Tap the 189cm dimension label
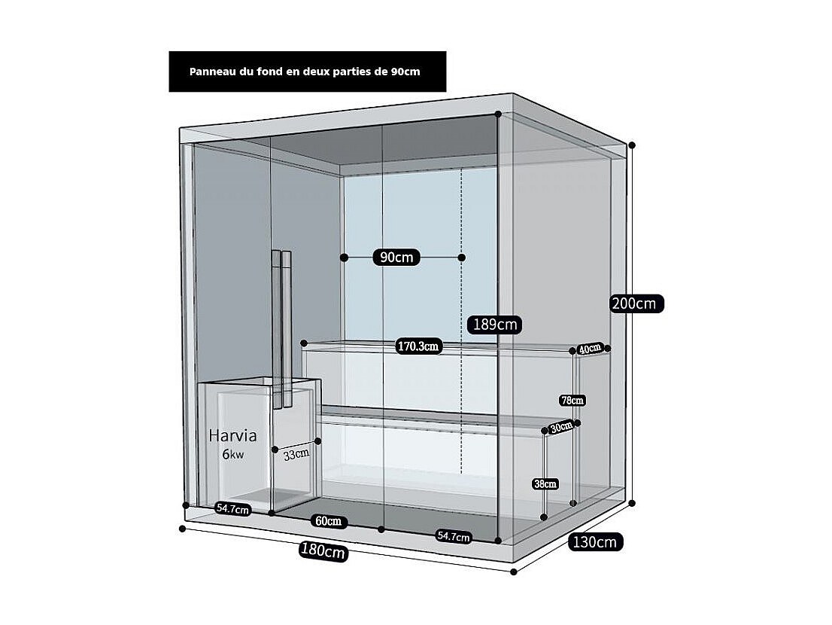tap(495, 325)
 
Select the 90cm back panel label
tap(396, 258)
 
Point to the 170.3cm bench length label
tap(418, 346)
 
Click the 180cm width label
tap(323, 550)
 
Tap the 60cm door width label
tap(328, 521)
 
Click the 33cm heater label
tap(296, 454)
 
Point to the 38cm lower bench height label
tap(545, 483)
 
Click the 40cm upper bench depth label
tap(590, 349)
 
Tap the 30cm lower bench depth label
tap(560, 426)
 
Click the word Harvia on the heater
tap(232, 435)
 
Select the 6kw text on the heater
tap(232, 454)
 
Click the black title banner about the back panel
tap(307, 72)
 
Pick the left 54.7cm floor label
tap(232, 509)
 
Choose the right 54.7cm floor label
tap(454, 536)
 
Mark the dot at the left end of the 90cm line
tap(344, 258)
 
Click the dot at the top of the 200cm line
tap(632, 145)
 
